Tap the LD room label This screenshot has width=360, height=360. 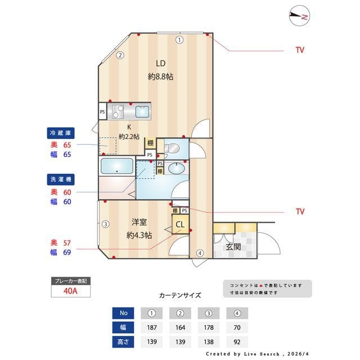160,63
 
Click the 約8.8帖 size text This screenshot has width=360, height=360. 160,76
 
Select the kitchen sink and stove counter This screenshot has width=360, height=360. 130,111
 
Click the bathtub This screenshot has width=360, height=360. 116,167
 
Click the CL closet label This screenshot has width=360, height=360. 180,225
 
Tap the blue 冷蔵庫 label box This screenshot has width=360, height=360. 61,133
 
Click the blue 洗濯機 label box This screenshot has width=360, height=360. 61,180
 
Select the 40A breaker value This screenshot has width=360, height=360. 70,291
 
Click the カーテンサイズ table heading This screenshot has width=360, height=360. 180,295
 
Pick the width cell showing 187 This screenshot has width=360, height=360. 151,327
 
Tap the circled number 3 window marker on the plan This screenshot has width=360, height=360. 105,224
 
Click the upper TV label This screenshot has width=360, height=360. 300,50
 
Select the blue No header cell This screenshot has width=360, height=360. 124,313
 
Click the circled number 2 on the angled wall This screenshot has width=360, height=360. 120,55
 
